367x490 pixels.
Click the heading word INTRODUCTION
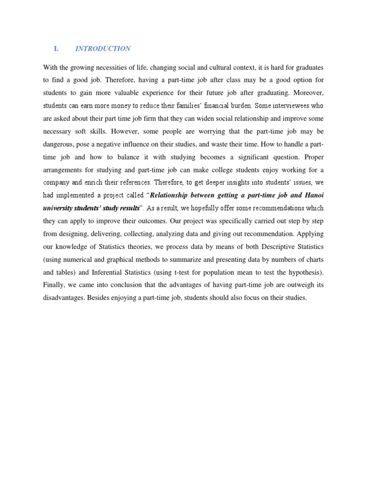pos(103,49)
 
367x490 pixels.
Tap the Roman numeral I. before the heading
pos(56,49)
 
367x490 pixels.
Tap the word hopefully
pos(192,208)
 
